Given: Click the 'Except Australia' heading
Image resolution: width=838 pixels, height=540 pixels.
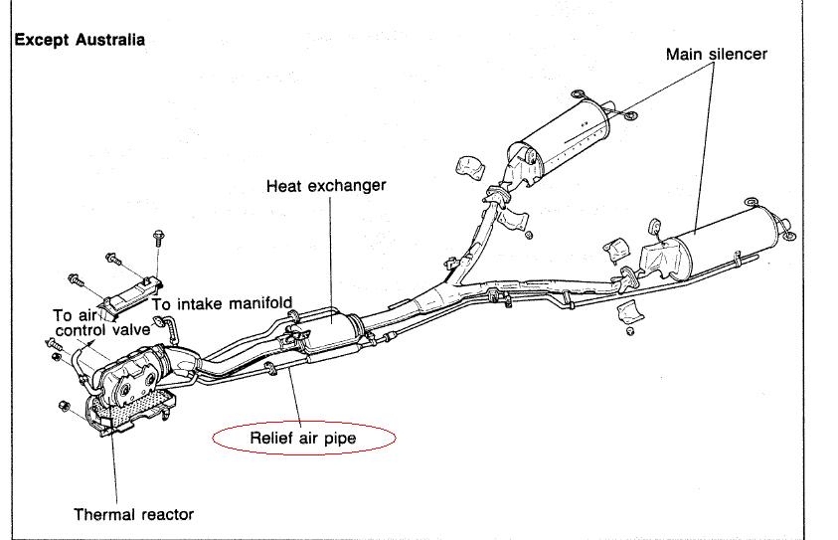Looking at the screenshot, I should click(x=80, y=41).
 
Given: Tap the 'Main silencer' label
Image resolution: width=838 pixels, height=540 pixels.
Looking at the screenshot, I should click(x=716, y=54).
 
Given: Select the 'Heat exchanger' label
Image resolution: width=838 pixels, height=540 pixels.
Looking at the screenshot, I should click(x=326, y=185).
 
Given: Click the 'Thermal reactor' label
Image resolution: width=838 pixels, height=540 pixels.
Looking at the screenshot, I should click(x=134, y=514).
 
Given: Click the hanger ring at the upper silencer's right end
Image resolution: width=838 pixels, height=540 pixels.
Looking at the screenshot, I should click(x=631, y=121).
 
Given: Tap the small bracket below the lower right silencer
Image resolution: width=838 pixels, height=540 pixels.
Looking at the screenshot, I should click(x=630, y=316).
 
